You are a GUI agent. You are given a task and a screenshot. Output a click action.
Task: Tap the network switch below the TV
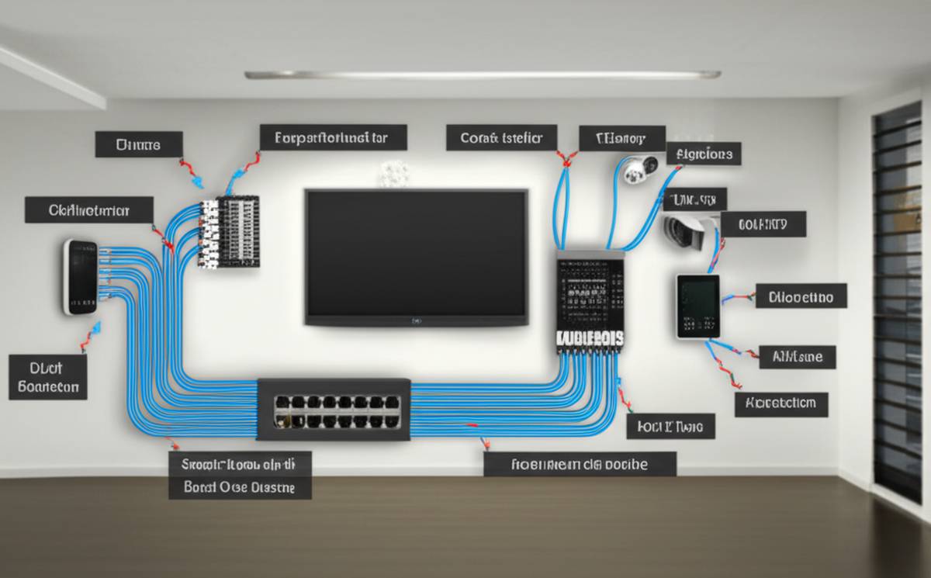334,410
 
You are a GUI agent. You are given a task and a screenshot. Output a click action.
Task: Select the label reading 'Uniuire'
139,144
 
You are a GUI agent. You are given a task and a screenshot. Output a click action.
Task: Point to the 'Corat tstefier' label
501,138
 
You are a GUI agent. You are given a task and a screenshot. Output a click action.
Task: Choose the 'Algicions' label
704,153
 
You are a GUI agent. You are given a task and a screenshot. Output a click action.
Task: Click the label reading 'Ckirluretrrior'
88,209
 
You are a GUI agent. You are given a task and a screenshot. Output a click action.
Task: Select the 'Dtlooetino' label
801,296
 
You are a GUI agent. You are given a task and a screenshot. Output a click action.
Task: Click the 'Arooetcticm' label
780,403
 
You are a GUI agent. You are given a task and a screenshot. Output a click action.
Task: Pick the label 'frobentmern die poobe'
580,464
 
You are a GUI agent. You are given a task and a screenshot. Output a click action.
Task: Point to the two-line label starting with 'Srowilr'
240,476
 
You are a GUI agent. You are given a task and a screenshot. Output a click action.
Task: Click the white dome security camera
639,168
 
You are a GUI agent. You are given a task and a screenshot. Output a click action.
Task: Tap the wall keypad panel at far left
79,277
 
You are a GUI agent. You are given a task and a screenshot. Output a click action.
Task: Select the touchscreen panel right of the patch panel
697,306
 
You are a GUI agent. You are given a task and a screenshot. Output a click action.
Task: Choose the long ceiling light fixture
483,74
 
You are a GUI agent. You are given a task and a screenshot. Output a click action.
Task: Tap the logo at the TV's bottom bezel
417,320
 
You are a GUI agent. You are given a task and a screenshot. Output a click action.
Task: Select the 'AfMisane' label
797,356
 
